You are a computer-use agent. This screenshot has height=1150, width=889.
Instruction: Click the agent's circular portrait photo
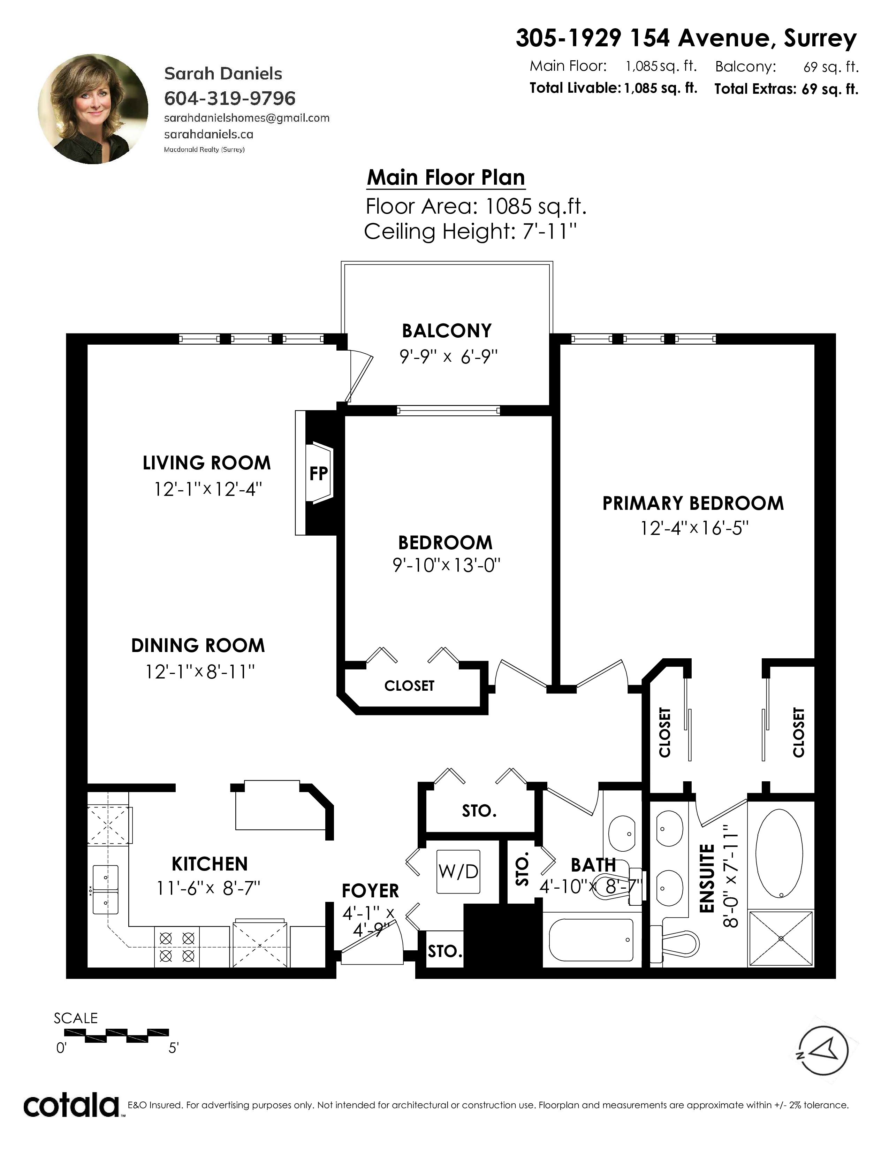coord(93,109)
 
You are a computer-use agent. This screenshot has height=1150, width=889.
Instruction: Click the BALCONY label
coord(447,331)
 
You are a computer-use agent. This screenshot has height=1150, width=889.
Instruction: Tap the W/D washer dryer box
coord(458,872)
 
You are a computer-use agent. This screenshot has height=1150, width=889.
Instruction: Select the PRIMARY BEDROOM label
coord(693,504)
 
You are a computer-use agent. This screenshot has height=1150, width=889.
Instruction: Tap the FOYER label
coord(370,891)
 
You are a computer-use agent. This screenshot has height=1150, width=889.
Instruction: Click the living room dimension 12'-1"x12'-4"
coord(208,489)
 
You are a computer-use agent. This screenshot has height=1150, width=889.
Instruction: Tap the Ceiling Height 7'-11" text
coord(470,231)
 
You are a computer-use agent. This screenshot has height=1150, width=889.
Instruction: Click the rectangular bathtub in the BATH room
coord(591,940)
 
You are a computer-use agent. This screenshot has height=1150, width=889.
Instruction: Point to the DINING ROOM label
coord(198,645)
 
